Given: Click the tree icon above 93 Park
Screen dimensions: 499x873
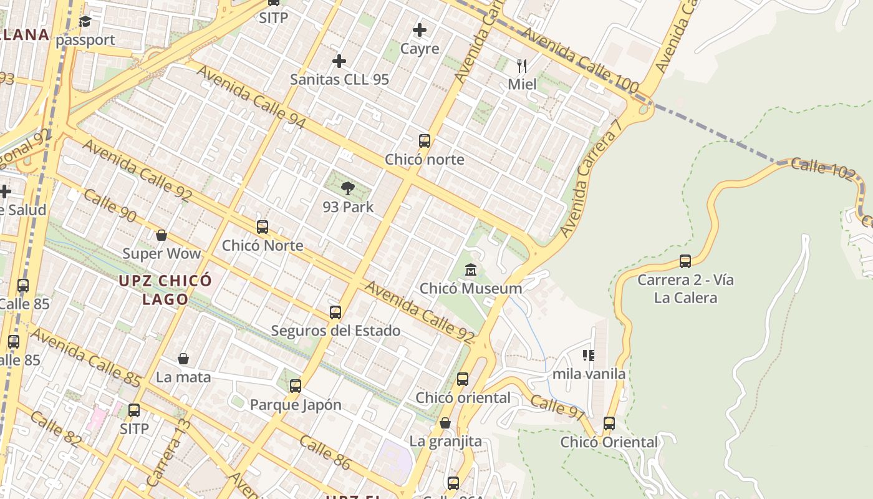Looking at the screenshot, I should point(348,188).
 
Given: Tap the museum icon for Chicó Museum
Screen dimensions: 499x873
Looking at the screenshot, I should point(471,271).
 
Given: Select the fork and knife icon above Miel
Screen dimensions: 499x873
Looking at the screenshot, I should point(522,65).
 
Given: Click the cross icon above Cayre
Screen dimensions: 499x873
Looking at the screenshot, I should point(420,30).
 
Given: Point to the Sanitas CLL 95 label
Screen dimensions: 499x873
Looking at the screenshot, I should point(339,79).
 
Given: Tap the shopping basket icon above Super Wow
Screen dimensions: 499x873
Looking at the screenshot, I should point(162,235).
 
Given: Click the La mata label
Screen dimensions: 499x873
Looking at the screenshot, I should point(183,377).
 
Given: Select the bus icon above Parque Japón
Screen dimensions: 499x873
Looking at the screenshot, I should point(296,386).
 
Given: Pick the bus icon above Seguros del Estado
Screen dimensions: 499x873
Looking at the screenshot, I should point(335,312).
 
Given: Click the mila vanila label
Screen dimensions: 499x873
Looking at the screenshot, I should point(589,374).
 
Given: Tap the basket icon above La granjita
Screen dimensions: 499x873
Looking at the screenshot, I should point(445,423).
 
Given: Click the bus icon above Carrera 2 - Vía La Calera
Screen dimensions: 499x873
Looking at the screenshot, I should point(685,261).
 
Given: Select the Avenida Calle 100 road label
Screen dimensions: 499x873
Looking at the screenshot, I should point(579,60).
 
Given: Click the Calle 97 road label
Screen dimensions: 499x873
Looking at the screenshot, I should point(558,407).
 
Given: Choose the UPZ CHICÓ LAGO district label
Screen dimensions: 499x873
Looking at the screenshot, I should point(165,290).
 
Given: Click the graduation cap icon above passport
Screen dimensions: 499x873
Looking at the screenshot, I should point(85,22).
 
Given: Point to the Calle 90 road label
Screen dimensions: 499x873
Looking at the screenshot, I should point(109,206).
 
